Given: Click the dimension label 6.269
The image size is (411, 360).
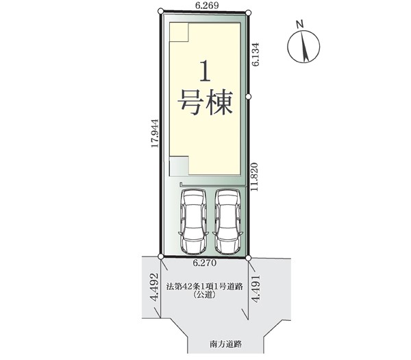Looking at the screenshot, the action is [207, 5].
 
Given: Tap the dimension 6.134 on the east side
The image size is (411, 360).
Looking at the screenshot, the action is [256, 54].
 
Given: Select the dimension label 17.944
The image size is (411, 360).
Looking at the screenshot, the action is [155, 133].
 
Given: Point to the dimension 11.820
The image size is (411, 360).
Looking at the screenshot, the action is [255, 177].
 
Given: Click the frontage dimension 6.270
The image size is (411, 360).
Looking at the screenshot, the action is [205, 263].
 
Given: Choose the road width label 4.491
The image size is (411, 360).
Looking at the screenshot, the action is [256, 289].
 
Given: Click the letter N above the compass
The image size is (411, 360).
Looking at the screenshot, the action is [300, 25].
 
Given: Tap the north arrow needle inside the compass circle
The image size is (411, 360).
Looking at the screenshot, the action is [304, 46].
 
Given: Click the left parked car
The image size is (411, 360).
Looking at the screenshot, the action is [194, 221].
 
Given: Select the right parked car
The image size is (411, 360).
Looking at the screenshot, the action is [227, 221].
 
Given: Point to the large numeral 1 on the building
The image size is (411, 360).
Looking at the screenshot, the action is [206, 71].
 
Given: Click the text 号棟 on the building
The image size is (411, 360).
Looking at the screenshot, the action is [206, 103].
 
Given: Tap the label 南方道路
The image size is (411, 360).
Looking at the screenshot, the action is [225, 344].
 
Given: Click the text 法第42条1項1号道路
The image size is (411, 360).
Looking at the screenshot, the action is [205, 286].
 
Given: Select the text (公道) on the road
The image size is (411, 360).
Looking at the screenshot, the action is [204, 295].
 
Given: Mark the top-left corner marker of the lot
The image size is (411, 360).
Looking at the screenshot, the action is [161, 11].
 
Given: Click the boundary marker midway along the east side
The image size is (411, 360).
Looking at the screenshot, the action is [249, 97].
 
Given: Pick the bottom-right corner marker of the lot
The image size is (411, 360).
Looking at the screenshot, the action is [249, 259].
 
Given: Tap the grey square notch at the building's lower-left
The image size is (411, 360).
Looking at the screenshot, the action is [179, 166].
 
